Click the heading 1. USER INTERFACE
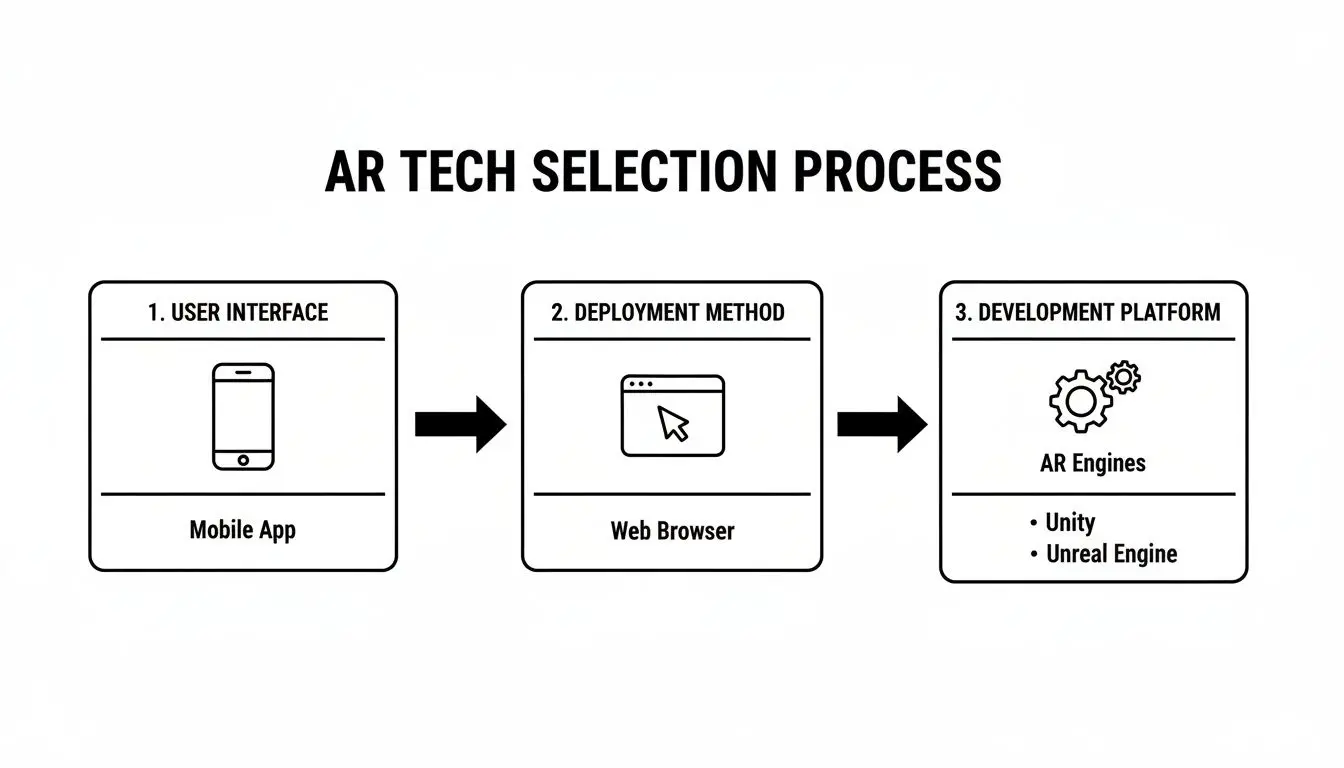238,312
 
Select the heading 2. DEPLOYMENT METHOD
668,312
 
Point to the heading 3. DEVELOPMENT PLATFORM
1088,312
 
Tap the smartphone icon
243,416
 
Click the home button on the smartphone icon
243,460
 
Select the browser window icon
672,416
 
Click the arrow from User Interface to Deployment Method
460,424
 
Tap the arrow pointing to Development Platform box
882,424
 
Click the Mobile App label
243,529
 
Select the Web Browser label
672,530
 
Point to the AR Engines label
1093,463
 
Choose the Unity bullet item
1069,522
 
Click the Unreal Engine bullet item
1110,554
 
